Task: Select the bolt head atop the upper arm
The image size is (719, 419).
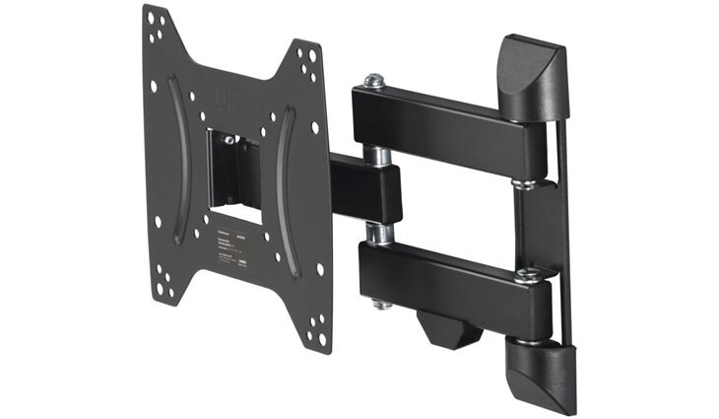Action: tap(373, 82)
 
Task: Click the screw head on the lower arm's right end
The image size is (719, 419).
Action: tap(528, 277)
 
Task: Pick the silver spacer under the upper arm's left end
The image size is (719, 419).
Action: tap(376, 156)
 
